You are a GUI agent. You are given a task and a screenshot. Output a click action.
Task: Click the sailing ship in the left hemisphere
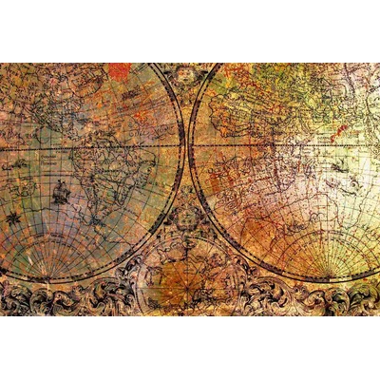[x=59, y=192]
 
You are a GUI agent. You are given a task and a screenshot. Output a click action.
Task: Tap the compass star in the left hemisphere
[x=14, y=218]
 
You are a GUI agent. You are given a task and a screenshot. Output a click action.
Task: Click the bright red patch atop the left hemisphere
[x=120, y=71]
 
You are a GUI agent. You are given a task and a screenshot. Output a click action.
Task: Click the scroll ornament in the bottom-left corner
[x=38, y=299]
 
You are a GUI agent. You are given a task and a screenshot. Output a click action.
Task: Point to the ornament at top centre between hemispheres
[x=187, y=73]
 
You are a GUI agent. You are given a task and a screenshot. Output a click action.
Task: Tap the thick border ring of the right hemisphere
[x=193, y=142]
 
